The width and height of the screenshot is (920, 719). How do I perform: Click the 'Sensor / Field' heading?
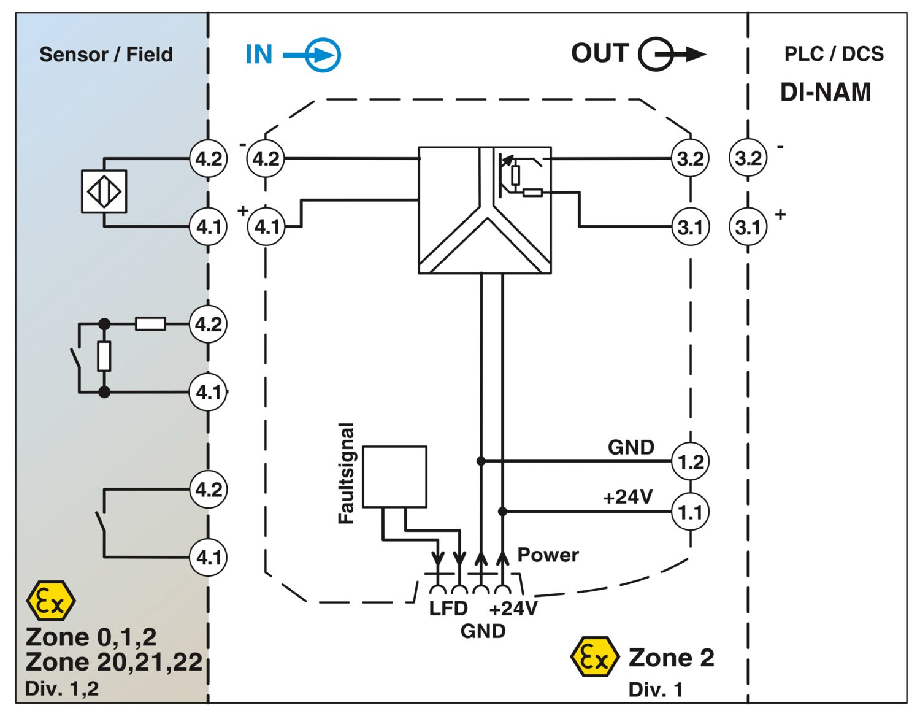pyautogui.click(x=106, y=55)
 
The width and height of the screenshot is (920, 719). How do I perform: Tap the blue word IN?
pyautogui.click(x=259, y=55)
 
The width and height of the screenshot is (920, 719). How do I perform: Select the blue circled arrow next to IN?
pyautogui.click(x=312, y=55)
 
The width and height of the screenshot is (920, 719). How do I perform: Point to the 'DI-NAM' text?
pyautogui.click(x=825, y=92)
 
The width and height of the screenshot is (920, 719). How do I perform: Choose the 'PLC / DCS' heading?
pyautogui.click(x=834, y=54)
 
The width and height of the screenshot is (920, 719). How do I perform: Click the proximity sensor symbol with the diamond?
pyautogui.click(x=104, y=191)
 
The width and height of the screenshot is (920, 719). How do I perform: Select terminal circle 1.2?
pyautogui.click(x=690, y=461)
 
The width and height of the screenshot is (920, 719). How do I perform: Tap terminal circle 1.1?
pyautogui.click(x=690, y=512)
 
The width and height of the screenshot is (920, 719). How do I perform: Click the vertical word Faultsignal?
pyautogui.click(x=346, y=473)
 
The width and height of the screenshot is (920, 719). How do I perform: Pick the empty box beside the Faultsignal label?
pyautogui.click(x=394, y=477)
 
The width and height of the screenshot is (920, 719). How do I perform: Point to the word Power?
pyautogui.click(x=548, y=555)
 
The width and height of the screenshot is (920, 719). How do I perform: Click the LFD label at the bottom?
pyautogui.click(x=448, y=609)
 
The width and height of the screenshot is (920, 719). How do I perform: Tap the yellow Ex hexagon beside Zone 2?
pyautogui.click(x=595, y=657)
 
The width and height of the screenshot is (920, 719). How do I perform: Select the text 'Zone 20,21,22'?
pyautogui.click(x=114, y=663)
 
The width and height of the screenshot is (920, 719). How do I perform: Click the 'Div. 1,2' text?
pyautogui.click(x=62, y=689)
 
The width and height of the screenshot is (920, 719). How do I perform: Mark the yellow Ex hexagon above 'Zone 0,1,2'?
pyautogui.click(x=51, y=601)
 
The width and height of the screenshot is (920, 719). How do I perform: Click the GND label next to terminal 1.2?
pyautogui.click(x=631, y=448)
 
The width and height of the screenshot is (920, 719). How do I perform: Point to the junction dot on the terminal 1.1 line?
pyautogui.click(x=502, y=512)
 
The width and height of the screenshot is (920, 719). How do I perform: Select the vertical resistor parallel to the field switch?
pyautogui.click(x=104, y=356)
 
